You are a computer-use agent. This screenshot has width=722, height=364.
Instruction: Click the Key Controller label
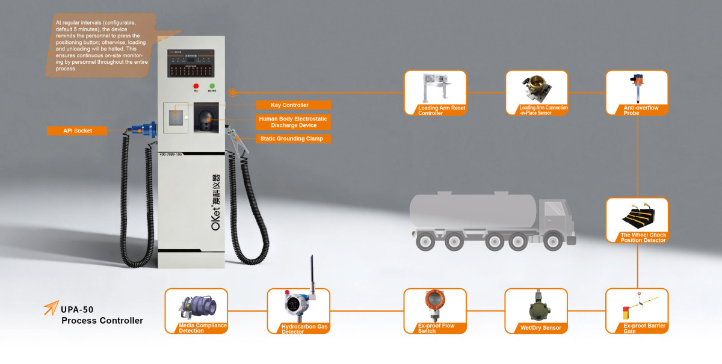(x=289, y=105)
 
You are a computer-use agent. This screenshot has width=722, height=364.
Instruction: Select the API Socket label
(x=78, y=131)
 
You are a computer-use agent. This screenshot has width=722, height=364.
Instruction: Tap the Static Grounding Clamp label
(x=291, y=139)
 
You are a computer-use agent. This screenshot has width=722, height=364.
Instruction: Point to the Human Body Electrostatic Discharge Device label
(x=292, y=122)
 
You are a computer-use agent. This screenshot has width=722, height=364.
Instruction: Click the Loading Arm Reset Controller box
(x=435, y=93)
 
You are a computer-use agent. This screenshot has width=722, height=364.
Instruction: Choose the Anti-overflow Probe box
(x=637, y=93)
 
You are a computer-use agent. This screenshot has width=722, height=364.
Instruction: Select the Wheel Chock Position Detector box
(x=637, y=221)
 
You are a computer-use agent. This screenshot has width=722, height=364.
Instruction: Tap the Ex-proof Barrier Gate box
(x=637, y=310)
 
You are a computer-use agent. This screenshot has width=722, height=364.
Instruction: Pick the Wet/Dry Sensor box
(x=535, y=310)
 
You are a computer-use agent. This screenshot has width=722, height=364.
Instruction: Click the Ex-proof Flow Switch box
(x=435, y=310)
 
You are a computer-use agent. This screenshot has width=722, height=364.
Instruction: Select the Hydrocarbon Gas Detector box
(x=299, y=310)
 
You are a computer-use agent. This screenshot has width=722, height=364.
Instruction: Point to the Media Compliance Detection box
(x=196, y=310)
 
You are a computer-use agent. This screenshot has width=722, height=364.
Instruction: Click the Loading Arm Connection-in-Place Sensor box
(x=536, y=93)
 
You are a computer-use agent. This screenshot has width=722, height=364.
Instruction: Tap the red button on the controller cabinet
(x=196, y=87)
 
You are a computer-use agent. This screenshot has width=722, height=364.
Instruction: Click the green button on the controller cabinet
(x=212, y=87)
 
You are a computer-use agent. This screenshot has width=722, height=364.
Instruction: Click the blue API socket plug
(x=146, y=128)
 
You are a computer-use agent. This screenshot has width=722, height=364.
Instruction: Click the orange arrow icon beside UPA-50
(x=51, y=307)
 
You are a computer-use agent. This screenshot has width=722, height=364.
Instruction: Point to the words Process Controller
(x=102, y=321)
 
